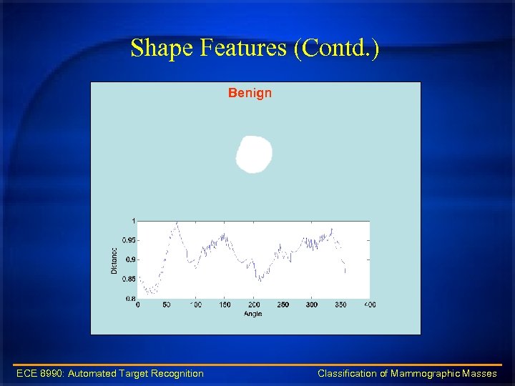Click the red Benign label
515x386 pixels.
250,93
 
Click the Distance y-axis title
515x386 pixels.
114,260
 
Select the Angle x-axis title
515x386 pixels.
252,313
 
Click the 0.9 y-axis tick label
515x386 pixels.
129,259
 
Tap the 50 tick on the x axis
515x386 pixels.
166,305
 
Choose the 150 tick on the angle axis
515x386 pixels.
225,305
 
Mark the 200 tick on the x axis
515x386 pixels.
254,305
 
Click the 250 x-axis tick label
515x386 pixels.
283,305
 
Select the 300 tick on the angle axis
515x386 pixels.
312,305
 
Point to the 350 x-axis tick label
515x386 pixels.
341,305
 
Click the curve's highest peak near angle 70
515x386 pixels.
177,224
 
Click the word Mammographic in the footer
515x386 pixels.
425,373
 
